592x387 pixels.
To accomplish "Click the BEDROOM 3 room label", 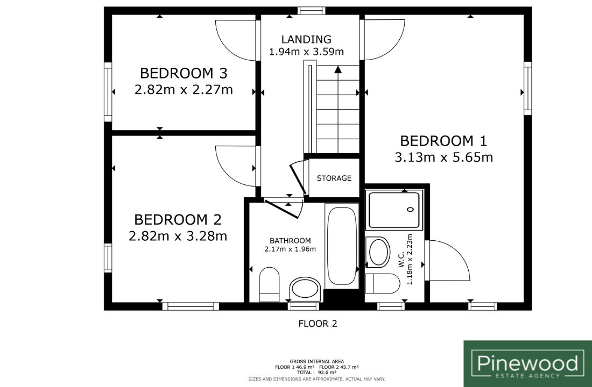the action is (x=184, y=73).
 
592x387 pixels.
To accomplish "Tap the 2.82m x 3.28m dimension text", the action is (x=178, y=236).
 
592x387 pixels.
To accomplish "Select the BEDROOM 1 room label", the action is (x=443, y=141).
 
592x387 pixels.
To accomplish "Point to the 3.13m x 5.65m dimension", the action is (x=443, y=157).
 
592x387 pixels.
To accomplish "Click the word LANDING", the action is (x=307, y=39).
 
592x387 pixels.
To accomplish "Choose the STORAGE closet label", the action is (x=334, y=178).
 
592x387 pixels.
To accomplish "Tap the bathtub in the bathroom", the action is (x=342, y=246).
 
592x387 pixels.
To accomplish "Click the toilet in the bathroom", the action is (x=270, y=284).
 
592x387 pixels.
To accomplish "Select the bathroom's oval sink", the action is (x=306, y=289).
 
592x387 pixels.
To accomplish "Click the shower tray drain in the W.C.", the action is (x=411, y=209).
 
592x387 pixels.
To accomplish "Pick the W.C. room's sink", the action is (x=378, y=252).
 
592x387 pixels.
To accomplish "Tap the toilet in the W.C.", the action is (x=383, y=284).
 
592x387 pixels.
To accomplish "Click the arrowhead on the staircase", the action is (x=338, y=69).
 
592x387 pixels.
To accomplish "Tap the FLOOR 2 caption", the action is (x=318, y=324).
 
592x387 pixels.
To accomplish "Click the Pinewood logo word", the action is (x=527, y=363).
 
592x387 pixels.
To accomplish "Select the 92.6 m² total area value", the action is (x=327, y=372).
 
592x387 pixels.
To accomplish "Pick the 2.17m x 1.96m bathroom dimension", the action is (x=290, y=249).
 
